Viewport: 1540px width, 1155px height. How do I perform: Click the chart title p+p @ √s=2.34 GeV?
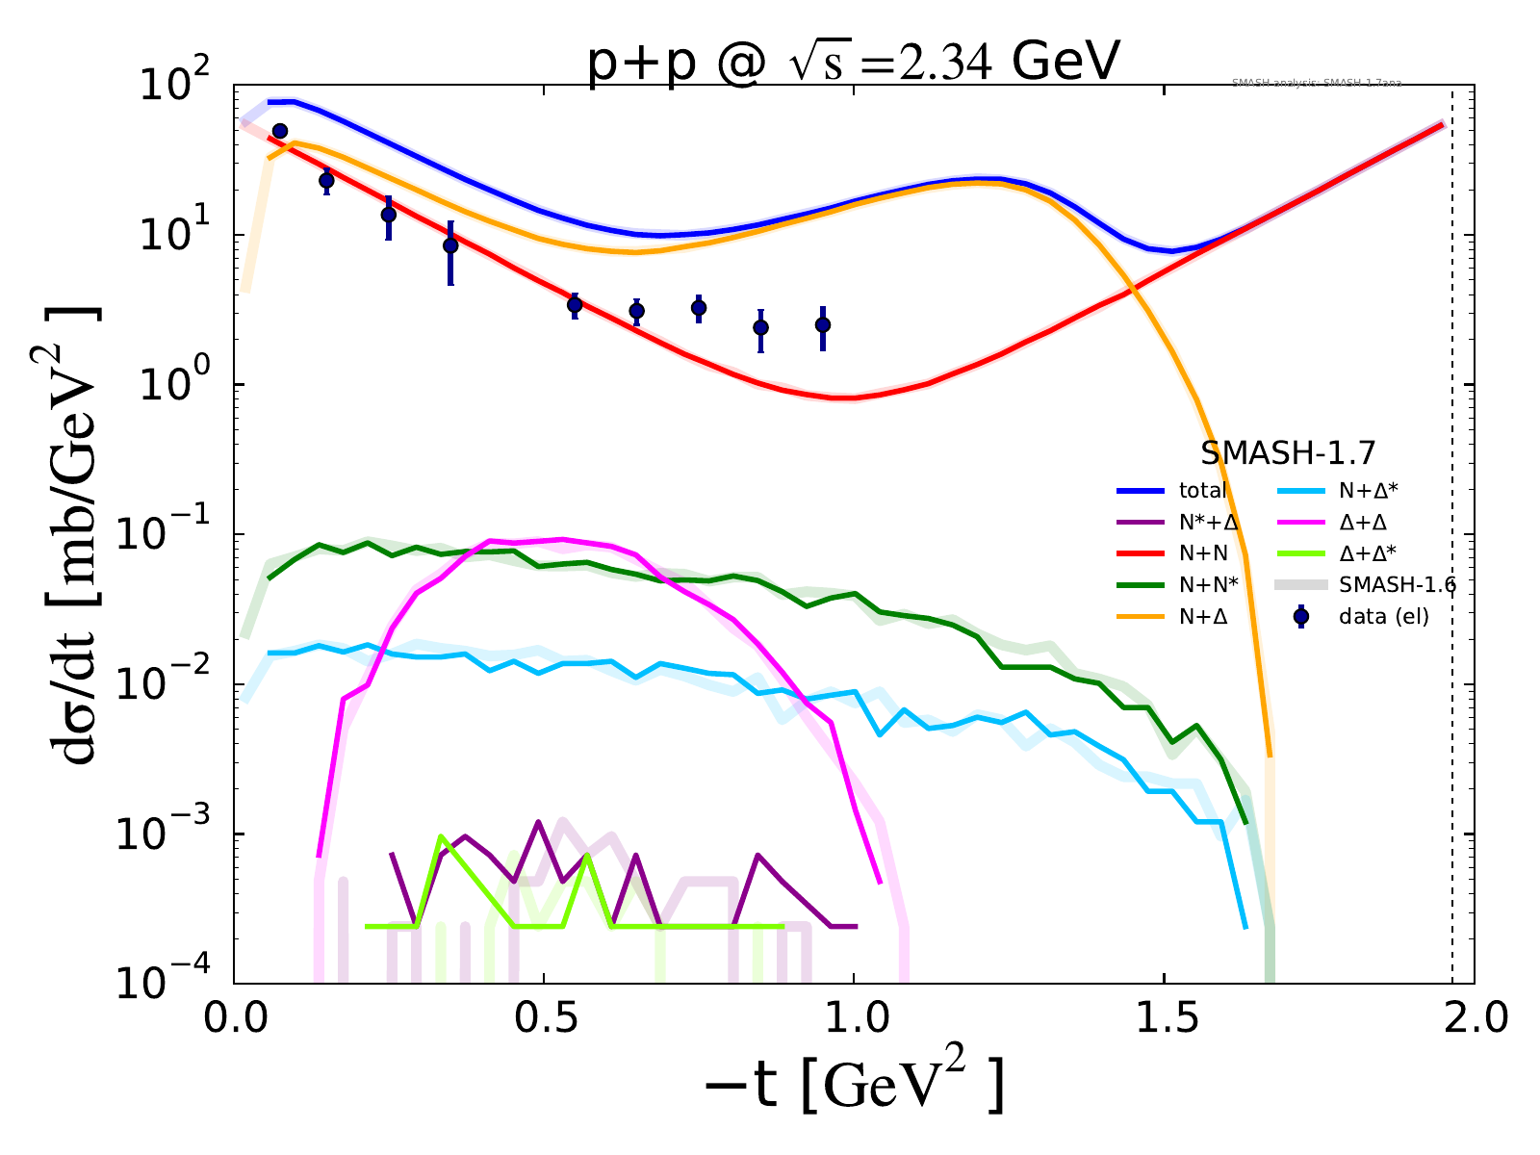pos(854,65)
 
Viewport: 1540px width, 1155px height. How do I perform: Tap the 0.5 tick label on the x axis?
pos(544,1018)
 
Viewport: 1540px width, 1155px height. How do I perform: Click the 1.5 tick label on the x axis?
pos(1164,1018)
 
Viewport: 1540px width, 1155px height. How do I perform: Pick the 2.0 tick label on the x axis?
pos(1474,1018)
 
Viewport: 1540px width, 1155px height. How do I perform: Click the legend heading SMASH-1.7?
pos(1288,452)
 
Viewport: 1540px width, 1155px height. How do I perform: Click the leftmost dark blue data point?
pos(280,131)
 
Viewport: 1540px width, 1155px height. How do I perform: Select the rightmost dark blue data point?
pos(823,325)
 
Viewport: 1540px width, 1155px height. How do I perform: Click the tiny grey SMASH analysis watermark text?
pos(1316,84)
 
